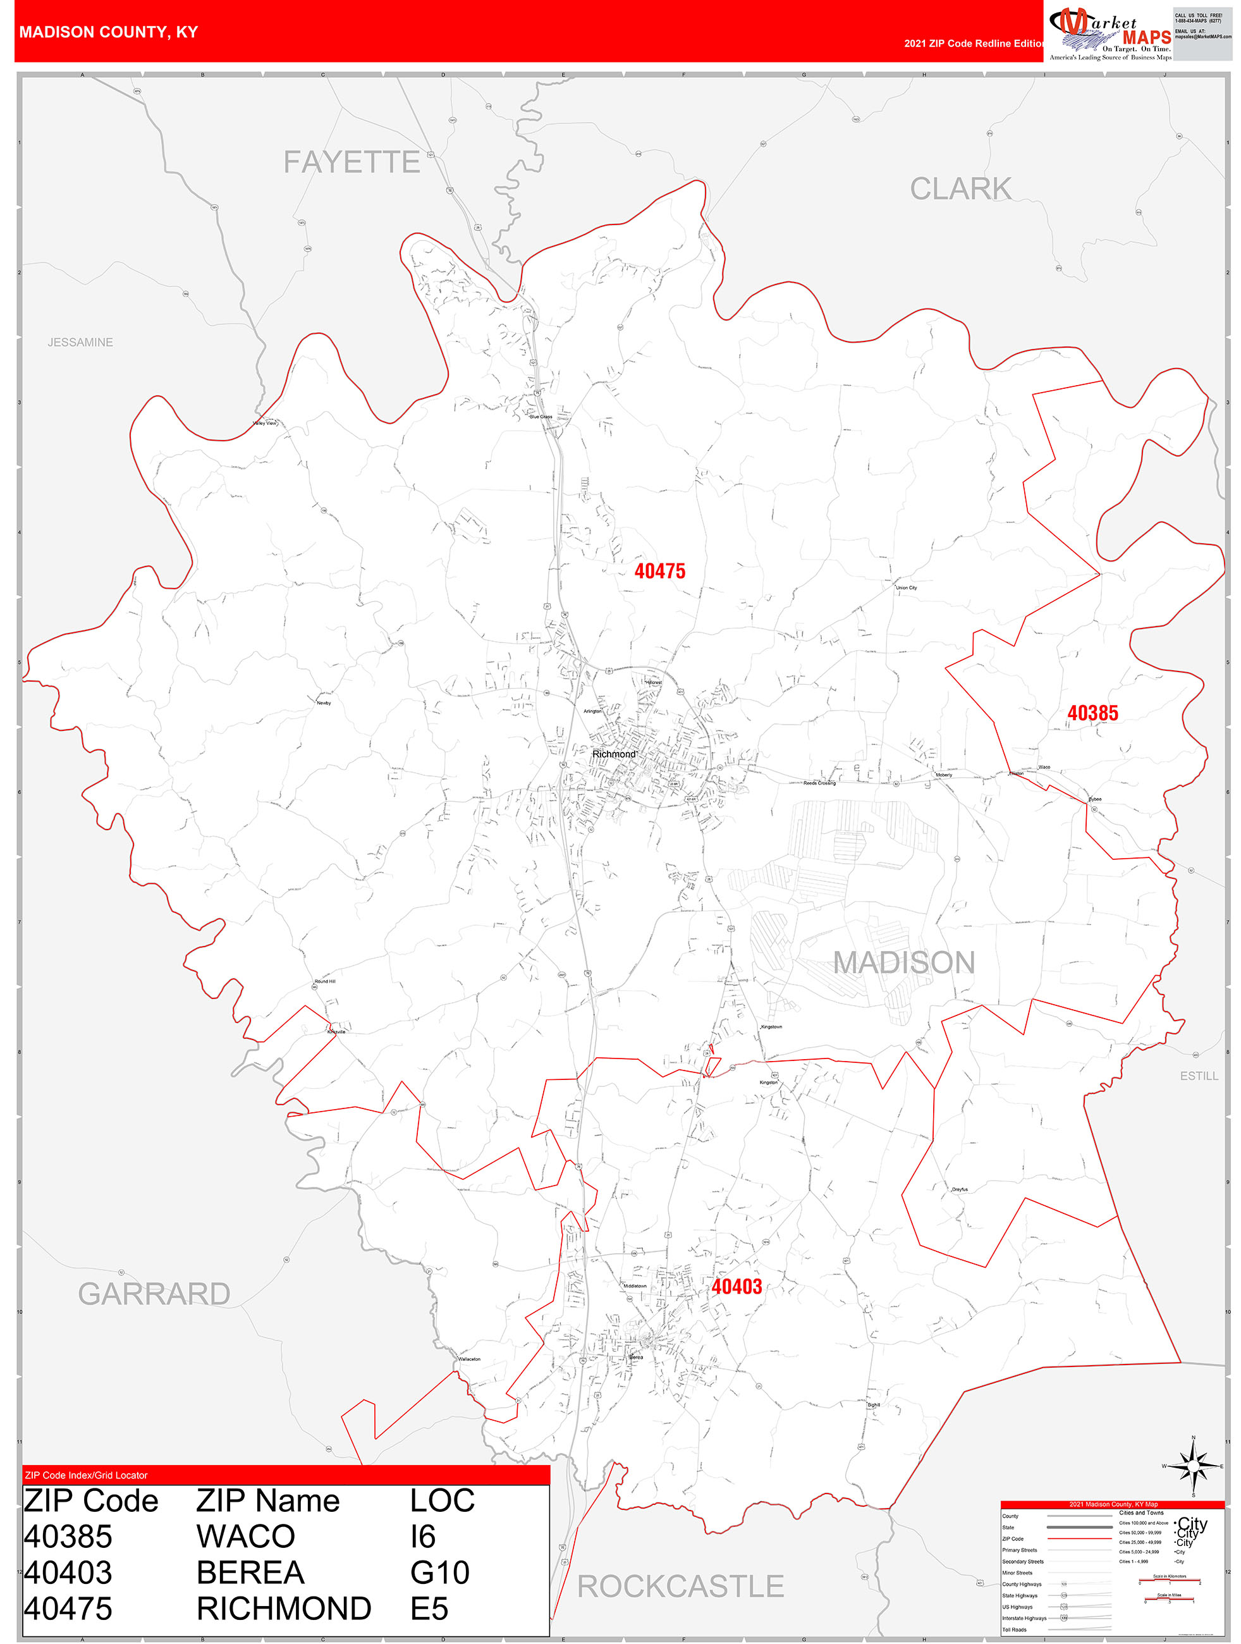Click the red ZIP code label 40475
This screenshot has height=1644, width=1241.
click(x=659, y=571)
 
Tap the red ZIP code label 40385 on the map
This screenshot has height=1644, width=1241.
click(x=1092, y=713)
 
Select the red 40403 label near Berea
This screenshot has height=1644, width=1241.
click(x=737, y=1287)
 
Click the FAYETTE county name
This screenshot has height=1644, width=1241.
click(x=352, y=162)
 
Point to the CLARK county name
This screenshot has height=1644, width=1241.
click(x=960, y=189)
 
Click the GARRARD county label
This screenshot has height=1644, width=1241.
click(x=154, y=1294)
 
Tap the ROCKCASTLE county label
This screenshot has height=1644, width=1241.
click(x=680, y=1586)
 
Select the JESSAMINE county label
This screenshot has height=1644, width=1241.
click(x=80, y=343)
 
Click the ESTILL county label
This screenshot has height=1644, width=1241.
click(x=1199, y=1076)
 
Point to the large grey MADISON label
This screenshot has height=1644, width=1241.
click(x=903, y=962)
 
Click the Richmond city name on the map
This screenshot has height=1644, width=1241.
click(x=614, y=754)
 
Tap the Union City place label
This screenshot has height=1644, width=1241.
click(x=906, y=588)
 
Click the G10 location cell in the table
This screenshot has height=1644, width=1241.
click(x=439, y=1573)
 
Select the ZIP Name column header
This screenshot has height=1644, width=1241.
click(x=267, y=1500)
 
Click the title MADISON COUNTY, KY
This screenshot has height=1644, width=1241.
click(x=109, y=32)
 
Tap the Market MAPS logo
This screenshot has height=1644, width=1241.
click(x=1110, y=34)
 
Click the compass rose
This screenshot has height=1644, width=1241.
click(x=1193, y=1466)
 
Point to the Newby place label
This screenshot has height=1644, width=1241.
click(x=324, y=702)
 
